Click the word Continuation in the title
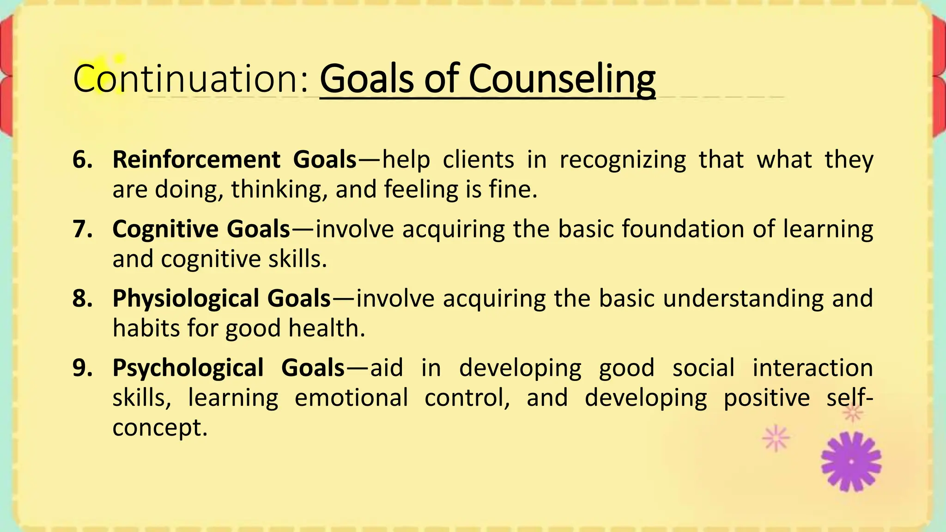point(189,79)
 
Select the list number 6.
point(82,160)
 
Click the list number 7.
point(82,229)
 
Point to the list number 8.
point(82,298)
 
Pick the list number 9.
point(82,368)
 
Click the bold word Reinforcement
point(196,160)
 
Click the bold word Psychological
point(188,368)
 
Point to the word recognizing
point(623,160)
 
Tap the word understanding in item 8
point(743,299)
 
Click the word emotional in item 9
point(351,398)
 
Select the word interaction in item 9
point(813,368)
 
